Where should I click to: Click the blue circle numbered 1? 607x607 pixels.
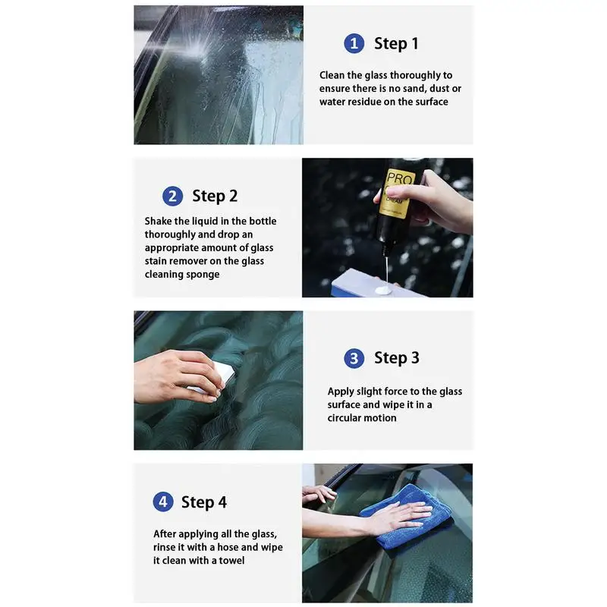354,43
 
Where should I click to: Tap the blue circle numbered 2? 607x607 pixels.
173,196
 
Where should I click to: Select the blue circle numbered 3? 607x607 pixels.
354,358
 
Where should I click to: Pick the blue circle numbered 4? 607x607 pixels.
163,502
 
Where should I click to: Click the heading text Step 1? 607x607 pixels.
396,43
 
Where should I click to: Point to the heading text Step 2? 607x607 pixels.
215,196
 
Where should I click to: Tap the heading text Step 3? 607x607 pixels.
396,357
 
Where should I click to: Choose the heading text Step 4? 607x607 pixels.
204,502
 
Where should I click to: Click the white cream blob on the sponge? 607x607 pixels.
384,290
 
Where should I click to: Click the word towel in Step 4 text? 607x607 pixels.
231,561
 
